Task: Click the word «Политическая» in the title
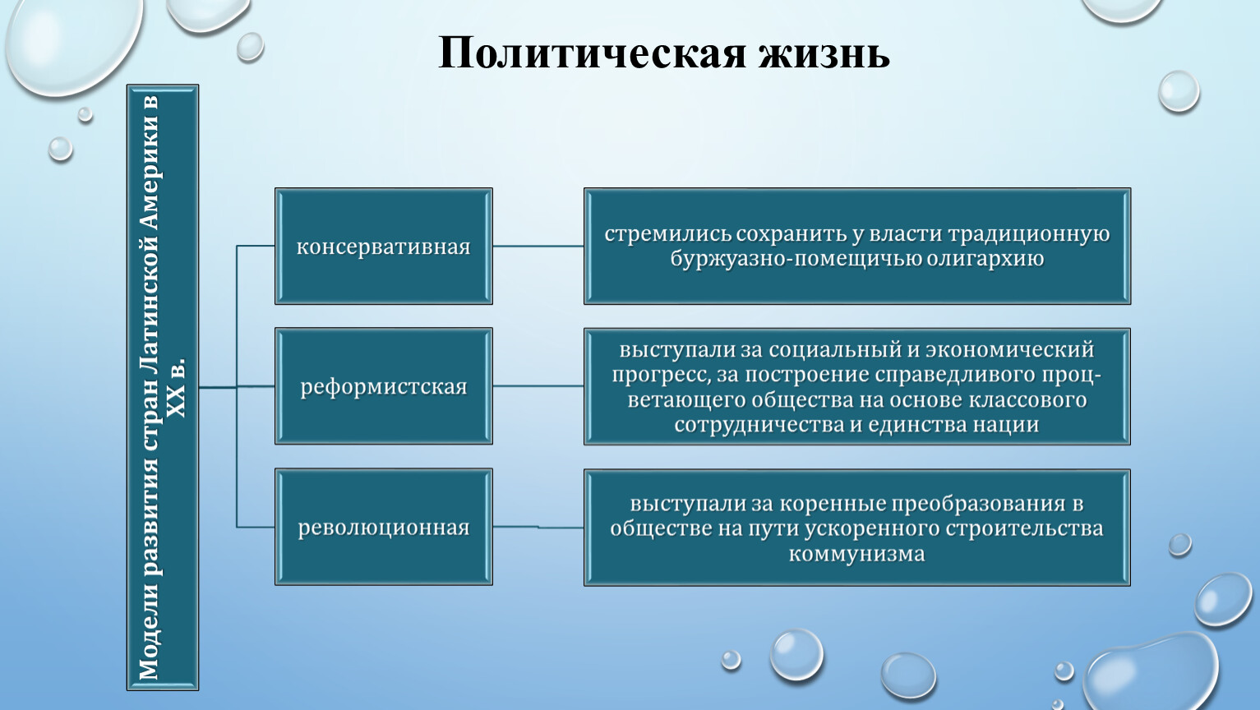coord(592,53)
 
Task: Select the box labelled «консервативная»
coord(384,247)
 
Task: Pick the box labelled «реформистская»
coord(384,386)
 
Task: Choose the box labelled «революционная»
coord(384,527)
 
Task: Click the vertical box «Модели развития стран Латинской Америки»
coord(163,388)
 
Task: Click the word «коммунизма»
coord(856,555)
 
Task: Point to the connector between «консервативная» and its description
coord(538,246)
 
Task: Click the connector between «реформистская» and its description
coord(538,386)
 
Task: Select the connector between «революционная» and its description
coord(538,527)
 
